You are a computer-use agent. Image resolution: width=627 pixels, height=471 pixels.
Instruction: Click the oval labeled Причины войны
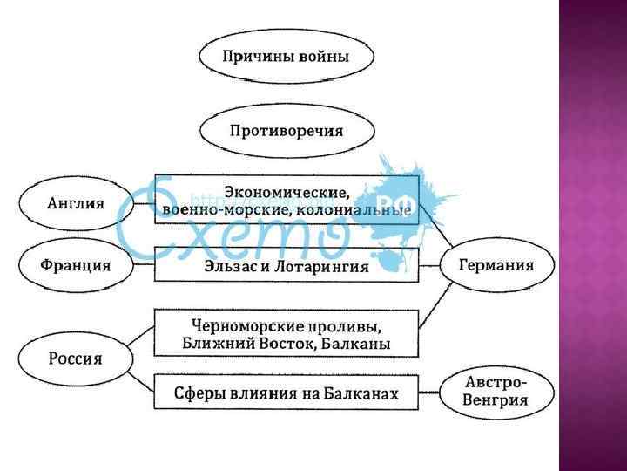[287, 58]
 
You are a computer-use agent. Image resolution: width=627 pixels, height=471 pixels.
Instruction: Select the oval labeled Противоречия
[287, 132]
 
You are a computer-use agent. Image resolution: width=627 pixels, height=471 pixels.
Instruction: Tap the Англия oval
[76, 203]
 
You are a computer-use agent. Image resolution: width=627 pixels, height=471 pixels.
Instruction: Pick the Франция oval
[76, 265]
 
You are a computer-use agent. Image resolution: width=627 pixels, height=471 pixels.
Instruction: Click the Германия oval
[496, 265]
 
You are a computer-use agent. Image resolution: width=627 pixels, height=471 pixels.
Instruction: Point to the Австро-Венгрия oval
[496, 392]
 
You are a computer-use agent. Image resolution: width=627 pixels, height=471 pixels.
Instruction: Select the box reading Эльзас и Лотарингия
[287, 265]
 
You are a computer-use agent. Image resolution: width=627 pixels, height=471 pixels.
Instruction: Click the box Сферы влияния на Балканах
[287, 393]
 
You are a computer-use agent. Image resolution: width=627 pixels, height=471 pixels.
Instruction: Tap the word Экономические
[287, 191]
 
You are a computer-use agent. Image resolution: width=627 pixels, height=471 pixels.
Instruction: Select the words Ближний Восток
[247, 345]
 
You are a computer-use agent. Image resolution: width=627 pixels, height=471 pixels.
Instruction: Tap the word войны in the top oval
[323, 58]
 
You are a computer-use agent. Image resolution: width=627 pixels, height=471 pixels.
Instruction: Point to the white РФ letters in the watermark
[394, 193]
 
